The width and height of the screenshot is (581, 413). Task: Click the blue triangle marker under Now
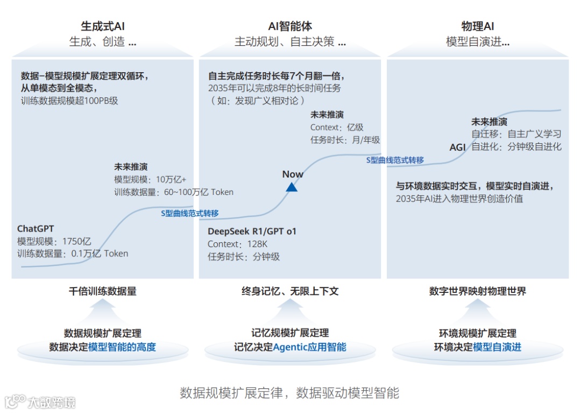(x=292, y=187)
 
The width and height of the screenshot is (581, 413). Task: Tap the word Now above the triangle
(x=293, y=174)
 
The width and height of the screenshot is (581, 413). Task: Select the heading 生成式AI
(x=103, y=26)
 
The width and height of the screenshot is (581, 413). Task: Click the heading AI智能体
(x=290, y=26)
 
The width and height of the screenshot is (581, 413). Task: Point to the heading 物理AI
(x=478, y=26)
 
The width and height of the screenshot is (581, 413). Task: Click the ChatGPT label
(x=36, y=229)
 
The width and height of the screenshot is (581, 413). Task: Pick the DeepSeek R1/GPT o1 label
(x=252, y=232)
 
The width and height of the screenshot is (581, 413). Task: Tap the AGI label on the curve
(x=458, y=147)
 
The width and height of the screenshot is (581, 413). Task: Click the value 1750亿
(x=76, y=241)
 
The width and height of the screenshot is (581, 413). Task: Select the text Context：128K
(x=238, y=244)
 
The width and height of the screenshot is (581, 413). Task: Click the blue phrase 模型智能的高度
(x=122, y=347)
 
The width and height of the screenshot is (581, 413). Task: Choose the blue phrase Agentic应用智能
(x=310, y=347)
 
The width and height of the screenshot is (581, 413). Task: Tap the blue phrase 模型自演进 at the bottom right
(x=497, y=347)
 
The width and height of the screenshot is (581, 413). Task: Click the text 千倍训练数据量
(x=102, y=291)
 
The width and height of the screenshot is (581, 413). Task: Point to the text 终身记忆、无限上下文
(x=290, y=291)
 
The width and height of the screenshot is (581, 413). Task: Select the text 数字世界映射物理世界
(x=478, y=291)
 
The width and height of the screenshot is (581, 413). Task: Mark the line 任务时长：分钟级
(x=244, y=257)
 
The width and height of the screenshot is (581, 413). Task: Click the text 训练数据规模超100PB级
(x=69, y=100)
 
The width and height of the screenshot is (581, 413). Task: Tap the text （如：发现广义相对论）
(x=258, y=101)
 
